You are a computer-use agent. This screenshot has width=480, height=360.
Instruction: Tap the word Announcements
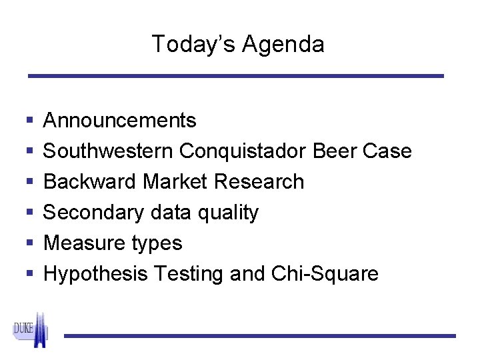[x=119, y=121]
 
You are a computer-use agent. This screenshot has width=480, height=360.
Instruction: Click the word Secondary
[x=93, y=213]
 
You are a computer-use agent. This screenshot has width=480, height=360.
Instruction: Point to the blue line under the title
[x=235, y=77]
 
